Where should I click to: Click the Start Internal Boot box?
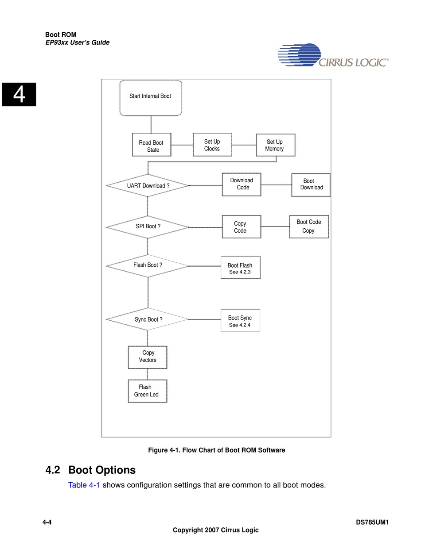pyautogui.click(x=151, y=98)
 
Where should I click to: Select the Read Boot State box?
pyautogui.click(x=152, y=145)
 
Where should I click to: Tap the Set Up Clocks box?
pyautogui.click(x=212, y=145)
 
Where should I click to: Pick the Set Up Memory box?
pyautogui.click(x=276, y=145)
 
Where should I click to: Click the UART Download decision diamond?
pyautogui.click(x=148, y=185)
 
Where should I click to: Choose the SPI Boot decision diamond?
pyautogui.click(x=148, y=227)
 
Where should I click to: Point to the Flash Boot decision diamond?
pyautogui.click(x=148, y=266)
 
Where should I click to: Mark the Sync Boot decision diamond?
pyautogui.click(x=148, y=319)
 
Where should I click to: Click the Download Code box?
pyautogui.click(x=242, y=184)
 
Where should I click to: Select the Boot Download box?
pyautogui.click(x=311, y=185)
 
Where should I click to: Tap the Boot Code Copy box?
pyautogui.click(x=309, y=227)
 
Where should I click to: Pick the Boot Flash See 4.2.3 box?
pyautogui.click(x=240, y=268)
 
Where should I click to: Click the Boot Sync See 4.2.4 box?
pyautogui.click(x=240, y=321)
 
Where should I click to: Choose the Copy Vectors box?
pyautogui.click(x=148, y=357)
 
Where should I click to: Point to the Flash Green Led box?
pyautogui.click(x=148, y=391)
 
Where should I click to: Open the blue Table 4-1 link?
pyautogui.click(x=84, y=485)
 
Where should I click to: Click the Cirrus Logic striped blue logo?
pyautogui.click(x=299, y=54)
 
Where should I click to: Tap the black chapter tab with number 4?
pyautogui.click(x=19, y=94)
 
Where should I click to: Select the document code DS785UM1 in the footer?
pyautogui.click(x=372, y=522)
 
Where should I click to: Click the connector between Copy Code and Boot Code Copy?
pyautogui.click(x=275, y=227)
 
